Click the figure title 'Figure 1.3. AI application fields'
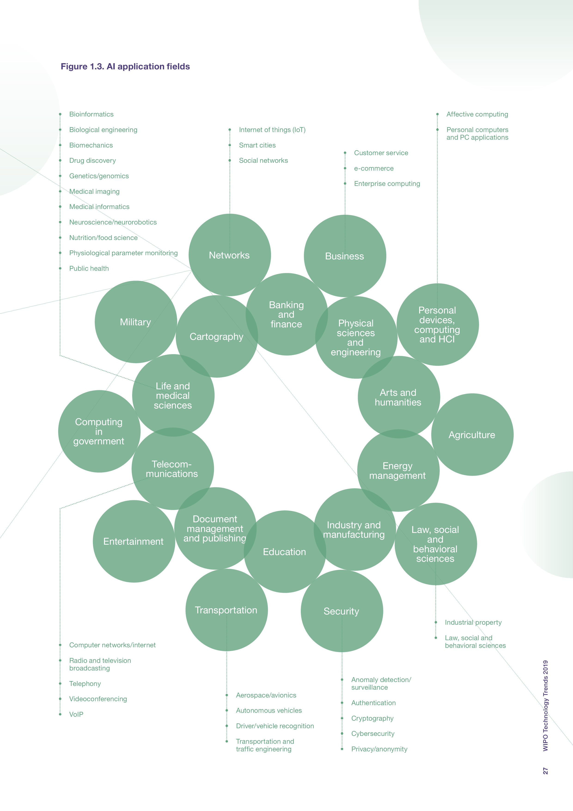click(x=125, y=66)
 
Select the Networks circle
click(x=229, y=255)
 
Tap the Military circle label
click(x=136, y=322)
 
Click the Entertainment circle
click(x=134, y=541)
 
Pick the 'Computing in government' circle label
click(x=99, y=431)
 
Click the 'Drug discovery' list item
click(x=92, y=160)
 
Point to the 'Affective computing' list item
click(x=477, y=114)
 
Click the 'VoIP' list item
click(x=76, y=714)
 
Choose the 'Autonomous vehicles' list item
click(x=269, y=710)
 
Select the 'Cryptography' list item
click(x=372, y=718)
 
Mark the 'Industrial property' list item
click(x=473, y=622)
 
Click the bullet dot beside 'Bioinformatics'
click(x=60, y=114)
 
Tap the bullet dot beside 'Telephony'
click(x=60, y=683)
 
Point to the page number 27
click(x=546, y=771)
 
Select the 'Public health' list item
click(x=89, y=268)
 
